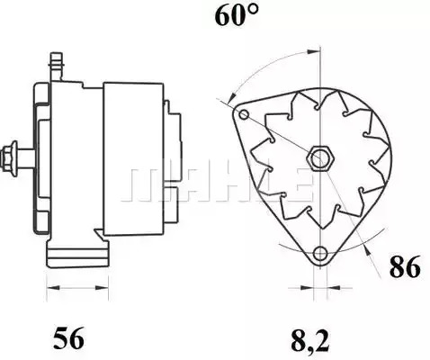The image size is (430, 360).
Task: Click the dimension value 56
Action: pos(68,338)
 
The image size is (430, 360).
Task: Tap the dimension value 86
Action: pos(405,266)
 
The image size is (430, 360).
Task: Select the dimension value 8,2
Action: pos(310,340)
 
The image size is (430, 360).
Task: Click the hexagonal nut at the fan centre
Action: pos(320,158)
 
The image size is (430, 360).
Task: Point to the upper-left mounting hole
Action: pos(244,114)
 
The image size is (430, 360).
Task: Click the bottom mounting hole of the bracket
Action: pos(320,254)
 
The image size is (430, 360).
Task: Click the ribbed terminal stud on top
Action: pos(57,67)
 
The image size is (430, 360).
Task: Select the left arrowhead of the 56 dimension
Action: pos(52,288)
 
